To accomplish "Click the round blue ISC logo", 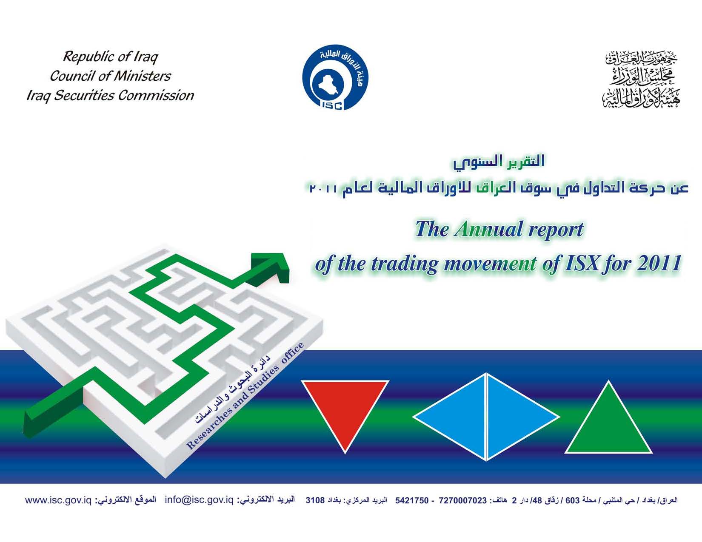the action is pyautogui.click(x=335, y=77).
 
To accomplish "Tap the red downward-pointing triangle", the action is pyautogui.click(x=345, y=409).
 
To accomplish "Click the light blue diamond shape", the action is pyautogui.click(x=486, y=417).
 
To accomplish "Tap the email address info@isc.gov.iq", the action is pyautogui.click(x=199, y=500).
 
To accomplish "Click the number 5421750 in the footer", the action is pyautogui.click(x=412, y=501).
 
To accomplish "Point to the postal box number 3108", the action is pyautogui.click(x=315, y=501).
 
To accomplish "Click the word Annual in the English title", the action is pyautogui.click(x=488, y=229).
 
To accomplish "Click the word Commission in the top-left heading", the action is pyautogui.click(x=156, y=96).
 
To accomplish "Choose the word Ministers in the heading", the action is pyautogui.click(x=142, y=76).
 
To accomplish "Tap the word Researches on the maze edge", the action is pyautogui.click(x=211, y=428).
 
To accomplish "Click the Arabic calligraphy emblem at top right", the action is pyautogui.click(x=641, y=79).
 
